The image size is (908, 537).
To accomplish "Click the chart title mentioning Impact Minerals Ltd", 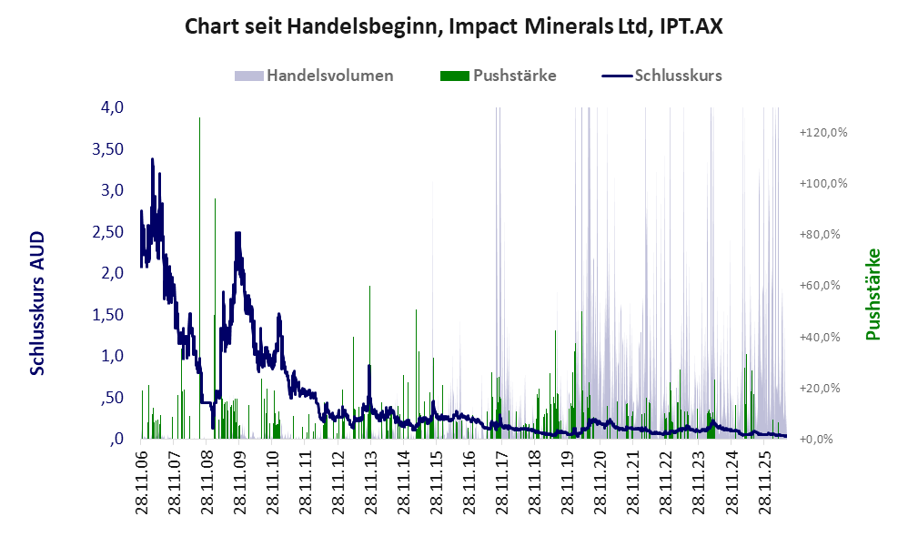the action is [453, 26].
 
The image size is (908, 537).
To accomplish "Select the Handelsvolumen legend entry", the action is [314, 76].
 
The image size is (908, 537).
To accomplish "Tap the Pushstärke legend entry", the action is [498, 76].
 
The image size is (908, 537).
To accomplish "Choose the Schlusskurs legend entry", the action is [661, 76].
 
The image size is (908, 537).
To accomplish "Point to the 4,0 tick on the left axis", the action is [112, 107].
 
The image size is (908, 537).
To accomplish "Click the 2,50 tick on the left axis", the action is [108, 232].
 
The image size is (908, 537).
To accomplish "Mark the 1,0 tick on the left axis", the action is [112, 356].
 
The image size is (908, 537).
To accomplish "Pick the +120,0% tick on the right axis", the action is [822, 133].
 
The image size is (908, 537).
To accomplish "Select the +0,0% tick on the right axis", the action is [816, 439].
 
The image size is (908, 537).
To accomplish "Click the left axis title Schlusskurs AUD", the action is [37, 303].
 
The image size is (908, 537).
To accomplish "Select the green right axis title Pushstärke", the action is [873, 294].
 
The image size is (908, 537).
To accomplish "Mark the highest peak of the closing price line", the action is [152, 158].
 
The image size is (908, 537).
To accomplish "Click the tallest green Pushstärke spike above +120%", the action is [200, 118].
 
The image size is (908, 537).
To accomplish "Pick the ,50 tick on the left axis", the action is [112, 398].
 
